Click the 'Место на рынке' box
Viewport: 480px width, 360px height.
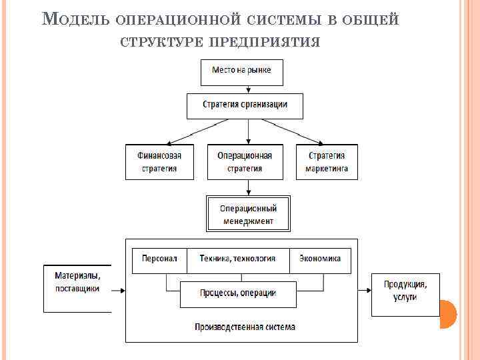(x=241, y=72)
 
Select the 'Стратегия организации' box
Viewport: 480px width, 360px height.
(x=245, y=105)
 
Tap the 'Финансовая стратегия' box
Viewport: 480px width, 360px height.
(x=159, y=162)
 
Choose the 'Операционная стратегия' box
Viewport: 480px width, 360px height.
(x=245, y=162)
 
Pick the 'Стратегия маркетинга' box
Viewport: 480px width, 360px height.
(x=327, y=162)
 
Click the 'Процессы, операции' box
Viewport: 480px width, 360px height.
(x=238, y=293)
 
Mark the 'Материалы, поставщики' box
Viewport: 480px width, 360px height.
(x=77, y=288)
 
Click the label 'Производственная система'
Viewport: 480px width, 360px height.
(x=245, y=327)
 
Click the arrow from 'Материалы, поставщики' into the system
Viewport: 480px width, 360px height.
(x=118, y=291)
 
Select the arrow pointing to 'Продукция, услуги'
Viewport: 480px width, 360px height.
(x=365, y=291)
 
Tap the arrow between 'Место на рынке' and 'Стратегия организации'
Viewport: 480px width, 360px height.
(x=241, y=89)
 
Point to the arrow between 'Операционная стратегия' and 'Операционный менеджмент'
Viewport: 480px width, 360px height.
(x=248, y=188)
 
